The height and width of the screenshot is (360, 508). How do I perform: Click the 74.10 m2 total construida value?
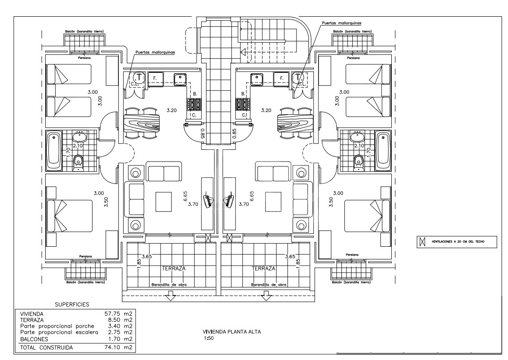click(118, 348)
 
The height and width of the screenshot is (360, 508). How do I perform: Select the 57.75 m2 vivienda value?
click(118, 314)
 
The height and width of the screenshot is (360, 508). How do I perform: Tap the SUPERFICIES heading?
click(72, 305)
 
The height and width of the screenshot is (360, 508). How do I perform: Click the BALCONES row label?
click(34, 339)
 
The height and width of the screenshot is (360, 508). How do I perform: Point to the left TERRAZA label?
click(174, 269)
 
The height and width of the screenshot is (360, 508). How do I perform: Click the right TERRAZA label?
click(263, 269)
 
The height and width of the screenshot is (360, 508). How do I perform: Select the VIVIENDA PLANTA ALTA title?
click(232, 332)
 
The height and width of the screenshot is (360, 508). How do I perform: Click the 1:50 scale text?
click(209, 338)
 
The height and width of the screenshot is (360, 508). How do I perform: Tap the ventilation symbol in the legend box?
click(422, 241)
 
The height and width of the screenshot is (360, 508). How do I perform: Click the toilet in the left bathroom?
click(78, 162)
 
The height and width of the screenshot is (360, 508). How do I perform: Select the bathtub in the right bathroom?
click(383, 151)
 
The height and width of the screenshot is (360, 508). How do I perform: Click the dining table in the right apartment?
click(294, 123)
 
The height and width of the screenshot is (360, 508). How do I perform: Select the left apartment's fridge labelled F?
click(156, 79)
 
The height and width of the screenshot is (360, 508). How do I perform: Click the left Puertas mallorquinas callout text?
click(155, 52)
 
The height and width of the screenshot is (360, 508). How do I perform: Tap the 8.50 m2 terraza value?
click(118, 320)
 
